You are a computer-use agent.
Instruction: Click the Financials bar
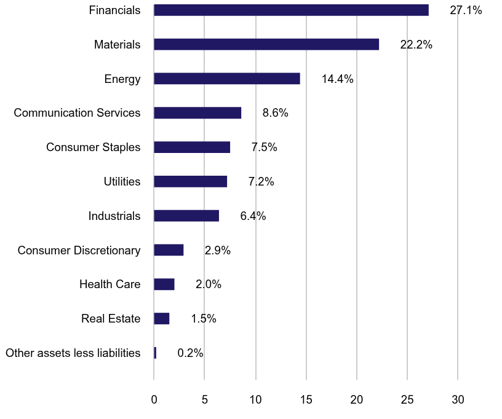click(291, 10)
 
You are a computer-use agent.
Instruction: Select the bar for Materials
click(266, 44)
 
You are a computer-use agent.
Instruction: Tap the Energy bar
click(227, 79)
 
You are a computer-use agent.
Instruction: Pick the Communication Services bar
click(197, 113)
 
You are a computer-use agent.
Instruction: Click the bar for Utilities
click(191, 181)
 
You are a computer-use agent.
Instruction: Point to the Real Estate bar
click(162, 318)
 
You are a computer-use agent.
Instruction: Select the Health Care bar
click(164, 284)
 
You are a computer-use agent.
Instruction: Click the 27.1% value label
click(466, 10)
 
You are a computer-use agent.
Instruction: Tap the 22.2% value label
click(416, 45)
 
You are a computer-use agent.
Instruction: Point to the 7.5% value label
click(264, 147)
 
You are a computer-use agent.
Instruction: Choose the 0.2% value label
click(190, 353)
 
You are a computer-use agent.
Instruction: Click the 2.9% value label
click(217, 250)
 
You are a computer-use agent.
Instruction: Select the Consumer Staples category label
click(94, 147)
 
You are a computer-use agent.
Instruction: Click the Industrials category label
click(114, 216)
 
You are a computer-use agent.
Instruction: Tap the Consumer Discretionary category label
click(79, 250)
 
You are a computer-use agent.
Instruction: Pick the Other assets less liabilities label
click(73, 353)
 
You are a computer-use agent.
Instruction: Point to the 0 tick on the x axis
click(154, 400)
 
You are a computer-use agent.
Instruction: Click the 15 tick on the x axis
click(306, 400)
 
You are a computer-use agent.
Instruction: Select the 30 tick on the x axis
click(458, 400)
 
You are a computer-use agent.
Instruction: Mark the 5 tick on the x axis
click(204, 400)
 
